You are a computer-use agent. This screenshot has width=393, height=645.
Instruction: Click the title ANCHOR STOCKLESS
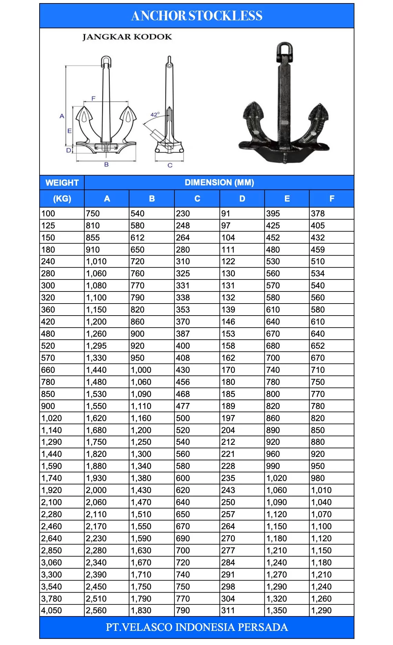pos(196,16)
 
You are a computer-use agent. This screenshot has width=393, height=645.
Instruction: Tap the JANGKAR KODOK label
pos(127,37)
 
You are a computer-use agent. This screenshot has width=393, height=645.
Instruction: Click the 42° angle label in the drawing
pos(155,115)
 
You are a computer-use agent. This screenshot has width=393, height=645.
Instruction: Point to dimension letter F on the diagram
pos(93,99)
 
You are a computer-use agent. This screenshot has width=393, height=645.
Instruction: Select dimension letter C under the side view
pos(170,165)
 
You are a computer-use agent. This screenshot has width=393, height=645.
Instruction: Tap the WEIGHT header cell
pos(62,183)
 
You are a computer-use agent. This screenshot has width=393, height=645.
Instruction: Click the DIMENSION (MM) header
pos(219,183)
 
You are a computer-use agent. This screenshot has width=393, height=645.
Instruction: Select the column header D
pos(242,199)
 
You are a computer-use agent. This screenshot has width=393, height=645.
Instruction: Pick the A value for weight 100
pos(93,214)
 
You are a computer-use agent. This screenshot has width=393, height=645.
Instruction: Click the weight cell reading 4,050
pos(52,611)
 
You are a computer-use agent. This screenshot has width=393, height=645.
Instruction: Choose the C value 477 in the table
pos(183,406)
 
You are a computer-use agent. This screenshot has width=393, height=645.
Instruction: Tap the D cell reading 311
pos(228,611)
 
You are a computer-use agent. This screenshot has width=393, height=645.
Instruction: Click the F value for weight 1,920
pos(321,490)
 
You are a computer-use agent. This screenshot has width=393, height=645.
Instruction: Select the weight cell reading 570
pos(48,358)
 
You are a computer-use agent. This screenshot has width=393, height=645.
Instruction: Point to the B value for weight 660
pos(141,370)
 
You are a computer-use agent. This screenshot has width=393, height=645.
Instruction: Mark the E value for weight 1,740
pos(277,478)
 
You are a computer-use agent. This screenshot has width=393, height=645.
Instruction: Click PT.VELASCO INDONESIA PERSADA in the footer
pos(196,627)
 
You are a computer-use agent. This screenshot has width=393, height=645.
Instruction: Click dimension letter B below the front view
pos(106,165)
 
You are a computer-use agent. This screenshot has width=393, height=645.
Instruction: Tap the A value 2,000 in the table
pos(96,490)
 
